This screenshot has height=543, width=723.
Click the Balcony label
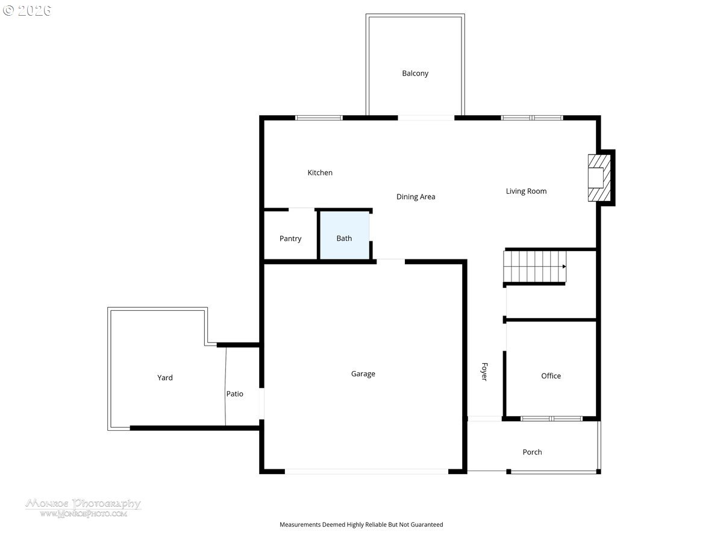tap(415, 74)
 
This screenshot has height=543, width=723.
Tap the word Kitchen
tap(320, 173)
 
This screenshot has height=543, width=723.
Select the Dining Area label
tap(416, 197)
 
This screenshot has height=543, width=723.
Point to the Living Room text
tap(526, 191)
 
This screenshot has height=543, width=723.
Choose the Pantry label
tap(290, 238)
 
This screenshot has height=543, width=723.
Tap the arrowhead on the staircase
tap(564, 266)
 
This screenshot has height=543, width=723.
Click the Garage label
tap(363, 374)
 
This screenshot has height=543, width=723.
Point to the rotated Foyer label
tap(484, 372)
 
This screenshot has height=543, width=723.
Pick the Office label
tap(551, 376)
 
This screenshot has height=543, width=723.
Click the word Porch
tap(532, 452)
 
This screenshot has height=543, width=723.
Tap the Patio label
tap(235, 394)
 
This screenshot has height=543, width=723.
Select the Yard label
tap(165, 378)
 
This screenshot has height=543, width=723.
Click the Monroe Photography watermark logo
tap(83, 507)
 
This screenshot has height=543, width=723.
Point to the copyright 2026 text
tap(27, 10)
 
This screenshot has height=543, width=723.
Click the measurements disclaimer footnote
tap(361, 525)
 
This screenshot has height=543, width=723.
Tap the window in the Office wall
tap(551, 419)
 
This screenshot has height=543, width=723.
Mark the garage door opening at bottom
tap(366, 471)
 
